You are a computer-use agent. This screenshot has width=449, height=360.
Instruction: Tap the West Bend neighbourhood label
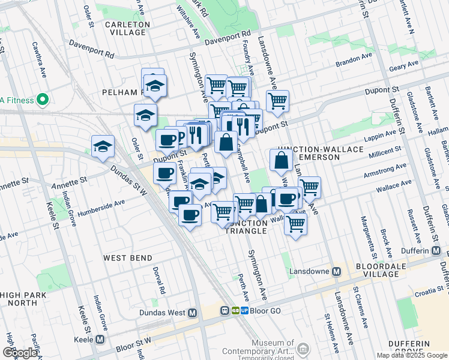click(127, 258)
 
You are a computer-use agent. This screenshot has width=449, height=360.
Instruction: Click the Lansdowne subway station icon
click(337, 271)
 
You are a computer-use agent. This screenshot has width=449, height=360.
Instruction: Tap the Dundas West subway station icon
click(193, 313)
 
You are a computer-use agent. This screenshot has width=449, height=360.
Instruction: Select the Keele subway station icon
click(100, 339)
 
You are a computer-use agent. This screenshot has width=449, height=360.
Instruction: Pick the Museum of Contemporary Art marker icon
click(303, 349)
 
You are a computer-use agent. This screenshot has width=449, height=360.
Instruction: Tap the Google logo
click(20, 353)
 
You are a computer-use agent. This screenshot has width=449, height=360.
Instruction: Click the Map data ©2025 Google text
click(411, 355)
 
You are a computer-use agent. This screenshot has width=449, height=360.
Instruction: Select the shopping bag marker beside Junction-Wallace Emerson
click(282, 161)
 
